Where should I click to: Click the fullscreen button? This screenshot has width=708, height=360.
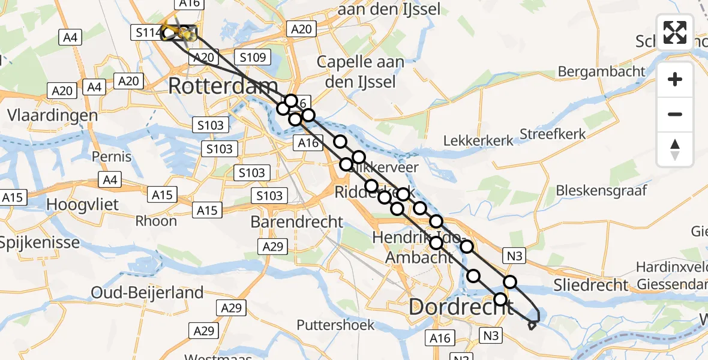point(675,32)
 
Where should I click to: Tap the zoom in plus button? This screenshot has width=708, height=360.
point(675,79)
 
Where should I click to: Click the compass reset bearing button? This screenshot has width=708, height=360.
point(675,149)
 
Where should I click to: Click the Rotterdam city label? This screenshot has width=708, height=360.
point(223,86)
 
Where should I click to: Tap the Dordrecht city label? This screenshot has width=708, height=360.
point(460,307)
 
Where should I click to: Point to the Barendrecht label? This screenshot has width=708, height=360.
point(297,222)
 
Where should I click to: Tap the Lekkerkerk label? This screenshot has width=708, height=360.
point(478,140)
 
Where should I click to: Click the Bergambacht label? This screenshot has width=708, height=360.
point(601,71)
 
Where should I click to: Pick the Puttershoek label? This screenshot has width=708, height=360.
point(335,325)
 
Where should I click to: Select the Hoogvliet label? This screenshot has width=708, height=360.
point(83,204)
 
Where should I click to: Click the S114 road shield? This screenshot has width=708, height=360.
point(146,32)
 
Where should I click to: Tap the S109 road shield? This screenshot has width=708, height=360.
point(253,58)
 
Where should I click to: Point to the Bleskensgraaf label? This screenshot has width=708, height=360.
point(602,191)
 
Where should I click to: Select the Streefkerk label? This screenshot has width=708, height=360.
point(553,134)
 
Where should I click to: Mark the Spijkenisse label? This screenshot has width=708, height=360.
point(40,243)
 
